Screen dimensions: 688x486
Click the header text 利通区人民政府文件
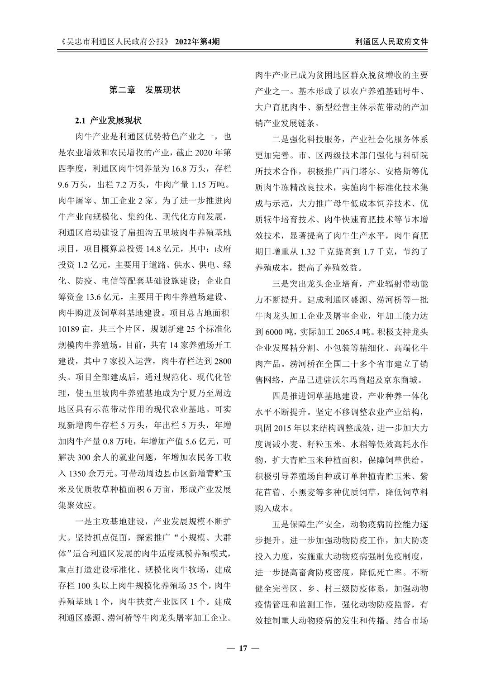click(391, 42)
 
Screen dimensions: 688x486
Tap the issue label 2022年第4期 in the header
click(197, 42)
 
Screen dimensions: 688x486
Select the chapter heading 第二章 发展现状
click(145, 90)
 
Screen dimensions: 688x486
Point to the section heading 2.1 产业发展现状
click(108, 121)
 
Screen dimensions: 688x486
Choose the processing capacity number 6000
click(275, 331)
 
